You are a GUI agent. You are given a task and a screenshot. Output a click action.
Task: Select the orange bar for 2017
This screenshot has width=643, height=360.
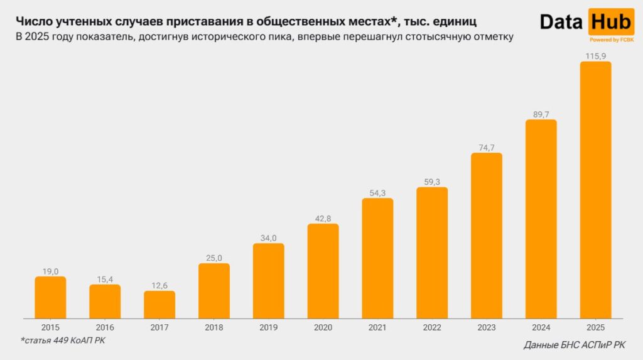[x=159, y=305]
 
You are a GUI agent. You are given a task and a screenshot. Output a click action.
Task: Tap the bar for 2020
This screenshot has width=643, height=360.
[x=323, y=271]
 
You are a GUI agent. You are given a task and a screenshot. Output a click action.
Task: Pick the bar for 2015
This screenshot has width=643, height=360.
[x=50, y=297]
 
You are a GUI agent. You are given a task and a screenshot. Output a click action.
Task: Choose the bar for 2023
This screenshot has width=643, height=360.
[x=487, y=236]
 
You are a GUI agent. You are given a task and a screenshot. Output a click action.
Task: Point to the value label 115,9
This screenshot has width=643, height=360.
[x=595, y=56]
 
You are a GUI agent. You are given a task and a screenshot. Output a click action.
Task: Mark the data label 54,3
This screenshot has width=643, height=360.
[x=377, y=193]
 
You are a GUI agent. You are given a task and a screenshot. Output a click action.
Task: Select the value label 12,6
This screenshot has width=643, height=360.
[x=159, y=285]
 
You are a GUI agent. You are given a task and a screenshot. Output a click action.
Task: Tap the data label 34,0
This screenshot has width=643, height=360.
[x=268, y=238]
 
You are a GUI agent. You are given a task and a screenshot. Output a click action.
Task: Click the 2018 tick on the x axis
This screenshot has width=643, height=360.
[x=213, y=327]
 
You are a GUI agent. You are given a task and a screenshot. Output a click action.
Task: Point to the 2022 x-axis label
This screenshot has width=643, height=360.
[x=432, y=327]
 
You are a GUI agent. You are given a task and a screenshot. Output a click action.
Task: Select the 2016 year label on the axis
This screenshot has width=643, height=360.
[x=105, y=327]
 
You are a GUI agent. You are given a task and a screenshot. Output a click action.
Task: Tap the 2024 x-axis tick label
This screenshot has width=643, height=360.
[x=541, y=327]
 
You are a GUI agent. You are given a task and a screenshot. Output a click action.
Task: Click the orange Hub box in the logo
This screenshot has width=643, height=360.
[x=612, y=22]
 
